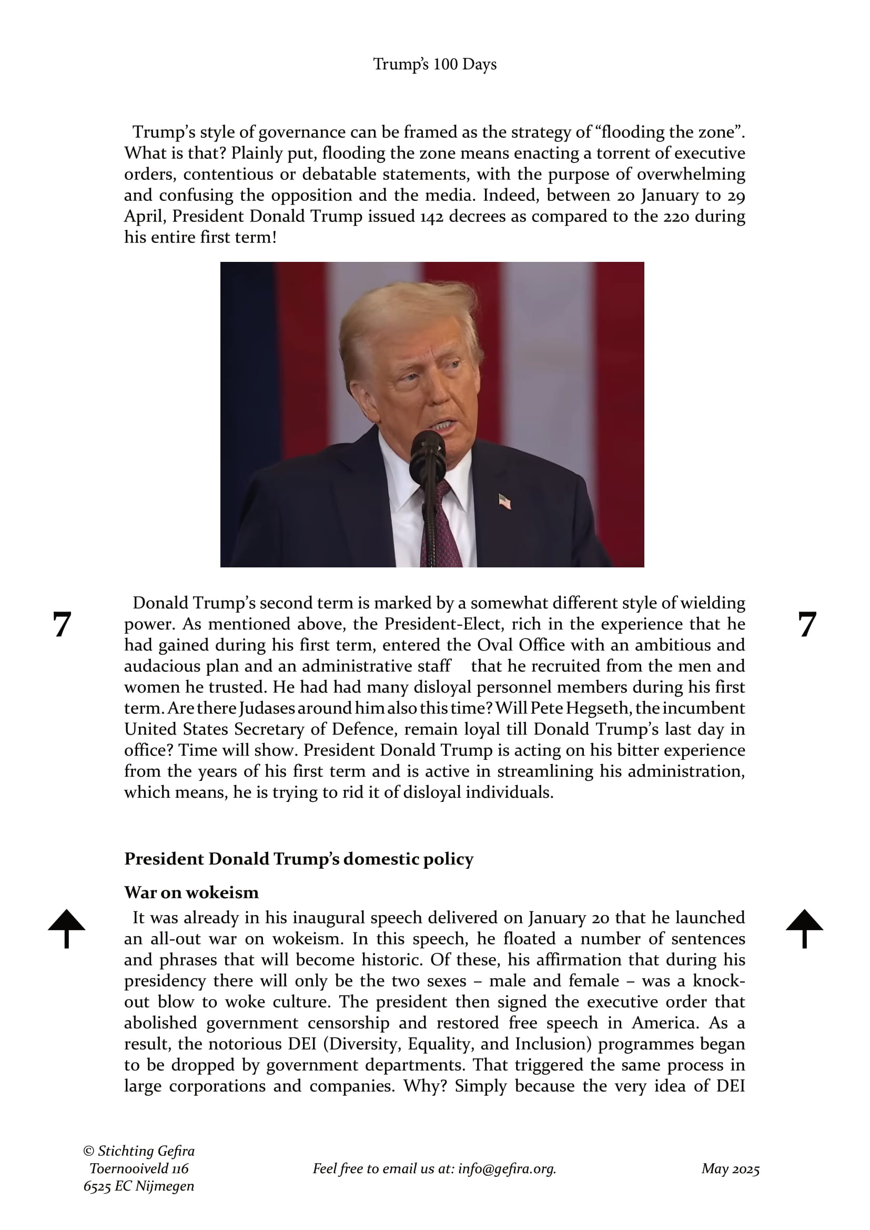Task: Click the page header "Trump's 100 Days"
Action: pos(434,64)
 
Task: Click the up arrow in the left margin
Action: pos(66,928)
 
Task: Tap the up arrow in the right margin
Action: pos(804,928)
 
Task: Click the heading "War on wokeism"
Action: pos(191,892)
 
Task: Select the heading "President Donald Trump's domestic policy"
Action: pos(299,859)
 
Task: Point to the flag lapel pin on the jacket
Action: pos(504,502)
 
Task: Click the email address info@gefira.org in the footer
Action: pos(506,1168)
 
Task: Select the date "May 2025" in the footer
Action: pos(730,1168)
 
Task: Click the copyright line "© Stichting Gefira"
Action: pos(139,1151)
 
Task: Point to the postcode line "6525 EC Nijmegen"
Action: pos(139,1186)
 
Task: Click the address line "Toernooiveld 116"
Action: pos(139,1168)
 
